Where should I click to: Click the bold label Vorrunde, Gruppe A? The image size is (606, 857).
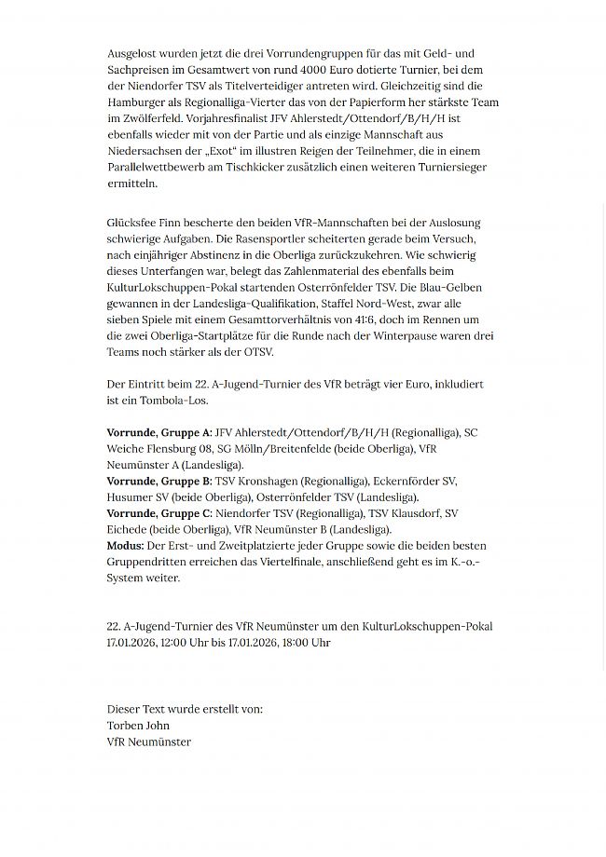click(x=159, y=432)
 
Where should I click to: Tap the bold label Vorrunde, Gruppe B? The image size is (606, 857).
click(x=159, y=481)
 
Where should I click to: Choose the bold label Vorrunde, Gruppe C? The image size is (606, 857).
click(x=159, y=513)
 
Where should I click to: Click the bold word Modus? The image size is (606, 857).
click(x=126, y=545)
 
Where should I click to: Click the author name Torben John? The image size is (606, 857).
click(x=138, y=725)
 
